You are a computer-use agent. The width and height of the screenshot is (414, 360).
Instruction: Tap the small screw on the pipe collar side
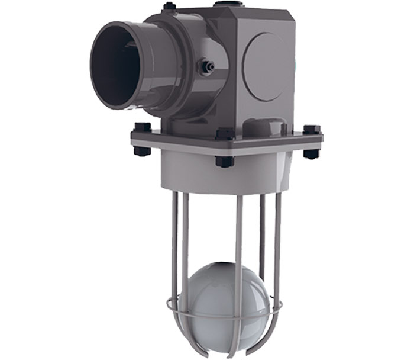pos(207,67)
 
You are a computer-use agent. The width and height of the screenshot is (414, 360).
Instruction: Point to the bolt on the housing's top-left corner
pos(170,7)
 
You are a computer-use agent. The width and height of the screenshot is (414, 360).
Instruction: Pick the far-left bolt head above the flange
pos(143,127)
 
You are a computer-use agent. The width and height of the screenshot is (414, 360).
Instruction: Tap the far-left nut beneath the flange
pos(143,150)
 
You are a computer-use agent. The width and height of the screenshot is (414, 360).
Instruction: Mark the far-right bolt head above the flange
pos(312,130)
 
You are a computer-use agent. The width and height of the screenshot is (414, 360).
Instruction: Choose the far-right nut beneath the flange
pos(312,153)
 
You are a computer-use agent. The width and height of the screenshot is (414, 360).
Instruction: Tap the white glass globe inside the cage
pos(225,296)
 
